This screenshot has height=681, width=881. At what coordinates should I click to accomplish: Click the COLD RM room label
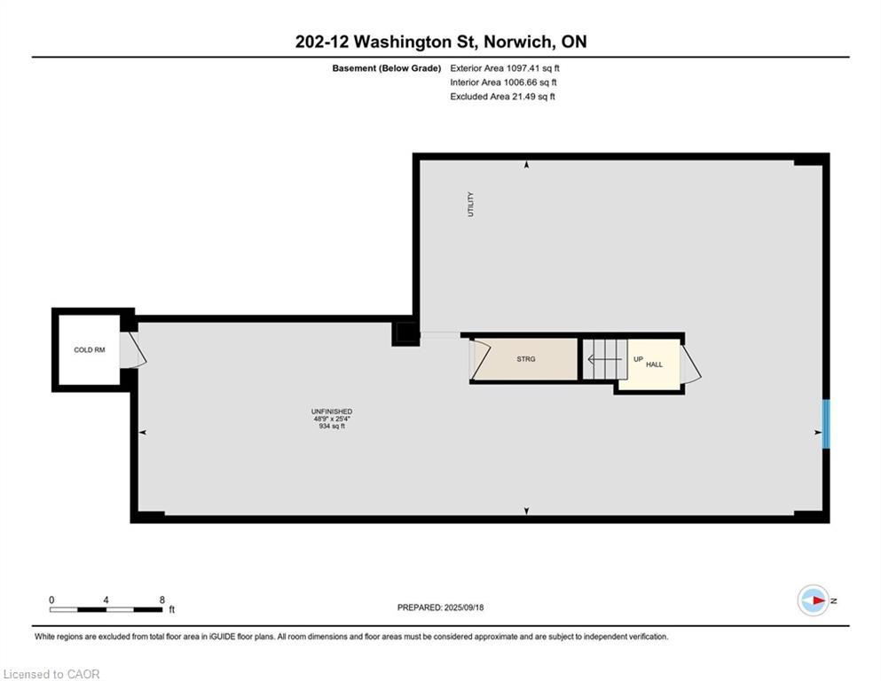pos(89,350)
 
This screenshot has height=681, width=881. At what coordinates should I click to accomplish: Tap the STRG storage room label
pos(527,359)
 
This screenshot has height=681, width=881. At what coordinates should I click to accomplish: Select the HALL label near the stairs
pos(654,364)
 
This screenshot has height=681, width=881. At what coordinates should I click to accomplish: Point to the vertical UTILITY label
pos(470,205)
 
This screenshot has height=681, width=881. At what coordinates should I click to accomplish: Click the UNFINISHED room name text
pos(332,411)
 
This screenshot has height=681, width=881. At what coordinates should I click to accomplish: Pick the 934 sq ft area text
pos(332,427)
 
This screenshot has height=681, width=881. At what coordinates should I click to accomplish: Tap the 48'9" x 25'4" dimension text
pos(332,419)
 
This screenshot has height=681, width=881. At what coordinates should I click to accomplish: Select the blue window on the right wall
pos(825,424)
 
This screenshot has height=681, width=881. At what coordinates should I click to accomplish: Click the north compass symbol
pos(813,600)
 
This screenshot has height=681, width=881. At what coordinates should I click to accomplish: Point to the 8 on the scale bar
pos(161,599)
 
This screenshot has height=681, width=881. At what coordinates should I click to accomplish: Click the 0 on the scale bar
pos(51,599)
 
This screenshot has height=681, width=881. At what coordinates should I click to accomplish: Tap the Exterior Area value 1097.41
pos(526,67)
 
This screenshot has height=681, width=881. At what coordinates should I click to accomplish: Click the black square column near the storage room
pos(405,333)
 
